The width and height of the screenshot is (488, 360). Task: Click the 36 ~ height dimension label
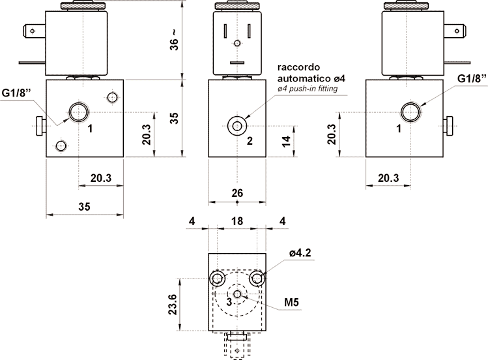tap(175, 40)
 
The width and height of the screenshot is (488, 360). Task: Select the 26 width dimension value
tap(237, 193)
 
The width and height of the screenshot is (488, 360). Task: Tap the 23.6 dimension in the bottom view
tap(173, 305)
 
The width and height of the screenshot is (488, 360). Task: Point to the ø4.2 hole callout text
tap(300, 253)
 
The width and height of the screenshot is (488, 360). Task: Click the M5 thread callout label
tap(292, 302)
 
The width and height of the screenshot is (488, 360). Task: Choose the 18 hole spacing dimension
tap(237, 221)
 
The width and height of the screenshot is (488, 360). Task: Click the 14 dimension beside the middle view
tap(286, 141)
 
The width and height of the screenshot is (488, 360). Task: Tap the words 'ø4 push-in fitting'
tap(308, 89)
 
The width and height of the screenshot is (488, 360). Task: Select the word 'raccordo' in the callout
tap(294, 67)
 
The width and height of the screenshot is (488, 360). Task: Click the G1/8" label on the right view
tap(472, 78)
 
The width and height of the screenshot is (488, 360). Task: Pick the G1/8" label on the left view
tap(16, 93)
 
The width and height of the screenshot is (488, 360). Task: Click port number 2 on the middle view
tap(250, 141)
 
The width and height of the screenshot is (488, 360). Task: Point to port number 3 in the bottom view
tap(229, 301)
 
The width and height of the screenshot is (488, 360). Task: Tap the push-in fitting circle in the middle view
tap(237, 126)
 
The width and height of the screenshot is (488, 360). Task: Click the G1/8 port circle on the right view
tap(410, 112)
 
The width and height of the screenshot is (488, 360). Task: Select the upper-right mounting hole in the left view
tap(112, 97)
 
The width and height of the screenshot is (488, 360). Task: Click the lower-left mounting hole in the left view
tap(61, 145)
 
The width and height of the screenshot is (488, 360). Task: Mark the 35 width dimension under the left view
tap(84, 207)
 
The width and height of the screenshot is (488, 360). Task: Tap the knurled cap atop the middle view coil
tap(237, 6)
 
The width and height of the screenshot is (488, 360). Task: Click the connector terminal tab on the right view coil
tap(455, 31)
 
